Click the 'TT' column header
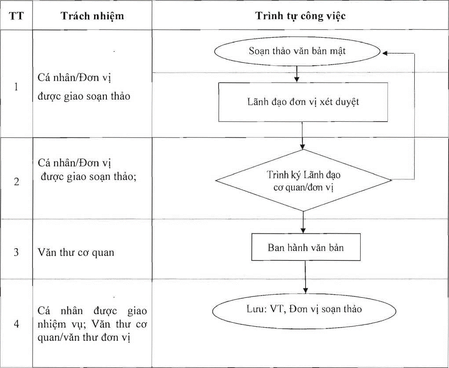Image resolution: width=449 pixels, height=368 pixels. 16,16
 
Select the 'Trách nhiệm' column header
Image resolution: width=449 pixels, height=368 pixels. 92,16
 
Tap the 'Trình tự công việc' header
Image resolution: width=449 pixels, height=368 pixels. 300,16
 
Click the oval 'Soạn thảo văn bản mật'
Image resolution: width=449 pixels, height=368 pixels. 297,51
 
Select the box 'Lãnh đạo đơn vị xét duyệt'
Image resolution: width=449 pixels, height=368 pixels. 303,102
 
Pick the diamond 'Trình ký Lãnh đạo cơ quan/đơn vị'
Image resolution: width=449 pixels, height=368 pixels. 303,180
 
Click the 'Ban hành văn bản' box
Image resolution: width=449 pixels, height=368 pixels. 306,247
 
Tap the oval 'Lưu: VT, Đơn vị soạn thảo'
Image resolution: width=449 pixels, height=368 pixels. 304,311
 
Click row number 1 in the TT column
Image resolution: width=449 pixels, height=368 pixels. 16,87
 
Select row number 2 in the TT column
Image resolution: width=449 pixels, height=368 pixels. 16,181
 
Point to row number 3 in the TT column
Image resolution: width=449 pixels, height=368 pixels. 16,252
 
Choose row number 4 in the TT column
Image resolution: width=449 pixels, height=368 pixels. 16,324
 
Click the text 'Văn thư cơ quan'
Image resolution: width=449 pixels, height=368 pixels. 76,253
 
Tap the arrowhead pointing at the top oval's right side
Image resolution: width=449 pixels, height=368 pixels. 385,53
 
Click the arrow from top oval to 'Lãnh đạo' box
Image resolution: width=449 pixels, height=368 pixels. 297,74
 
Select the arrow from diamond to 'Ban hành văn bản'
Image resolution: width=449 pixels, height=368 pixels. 303,223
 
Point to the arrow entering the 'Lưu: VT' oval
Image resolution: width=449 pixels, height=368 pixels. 305,277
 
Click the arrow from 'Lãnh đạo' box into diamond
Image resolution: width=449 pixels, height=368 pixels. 303,136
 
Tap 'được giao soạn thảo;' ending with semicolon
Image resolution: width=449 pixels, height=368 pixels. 88,177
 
